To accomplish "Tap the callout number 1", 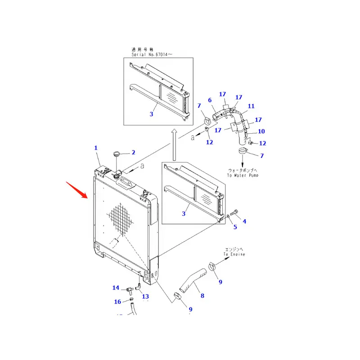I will tap(95, 148).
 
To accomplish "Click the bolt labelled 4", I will tap(234, 212).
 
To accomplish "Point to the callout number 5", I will tap(234, 227).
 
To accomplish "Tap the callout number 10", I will tap(261, 131).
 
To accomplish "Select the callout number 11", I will tap(251, 106).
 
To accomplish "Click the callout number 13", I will tap(145, 296).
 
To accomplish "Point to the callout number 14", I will tap(116, 288).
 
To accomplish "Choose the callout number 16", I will tap(117, 301).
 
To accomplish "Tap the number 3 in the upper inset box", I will tap(151, 114).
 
